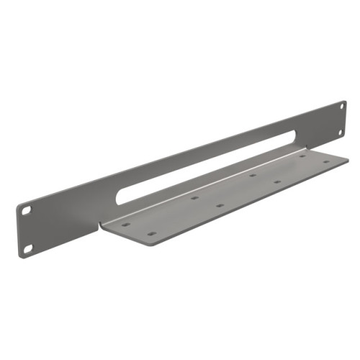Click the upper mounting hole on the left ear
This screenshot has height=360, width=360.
coord(27,211)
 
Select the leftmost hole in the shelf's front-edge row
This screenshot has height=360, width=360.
coord(150,234)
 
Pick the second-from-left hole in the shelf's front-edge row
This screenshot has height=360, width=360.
coord(220,205)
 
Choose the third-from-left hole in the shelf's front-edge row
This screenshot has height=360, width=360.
coord(277,181)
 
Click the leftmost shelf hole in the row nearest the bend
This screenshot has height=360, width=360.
coord(127,224)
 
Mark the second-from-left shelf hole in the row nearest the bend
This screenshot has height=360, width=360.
coord(194,197)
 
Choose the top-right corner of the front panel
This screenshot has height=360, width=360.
coord(344,102)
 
